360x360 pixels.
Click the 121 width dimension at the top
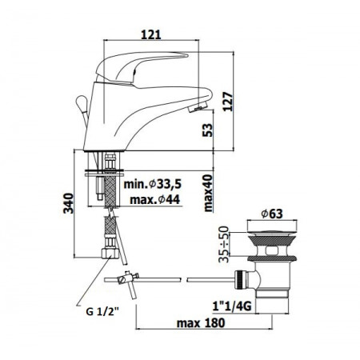151,35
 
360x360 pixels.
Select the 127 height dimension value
228,102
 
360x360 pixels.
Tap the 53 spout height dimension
208,130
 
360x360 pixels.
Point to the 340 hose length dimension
68,203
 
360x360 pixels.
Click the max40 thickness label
208,193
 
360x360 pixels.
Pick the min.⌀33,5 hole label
153,184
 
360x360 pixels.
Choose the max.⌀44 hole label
155,199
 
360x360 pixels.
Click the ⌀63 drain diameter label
272,214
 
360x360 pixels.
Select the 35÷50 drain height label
224,244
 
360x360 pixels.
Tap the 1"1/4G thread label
232,306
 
